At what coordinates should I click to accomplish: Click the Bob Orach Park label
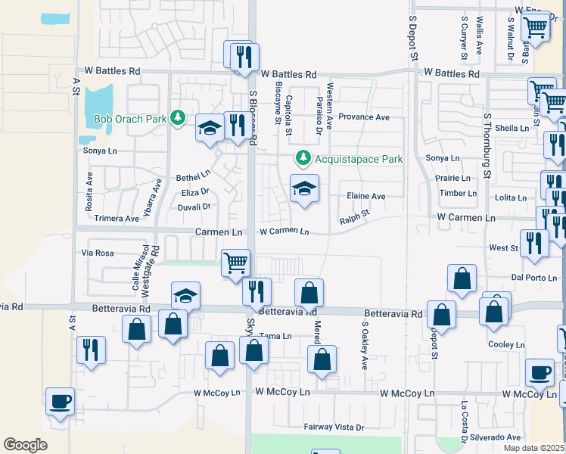pos(129,119)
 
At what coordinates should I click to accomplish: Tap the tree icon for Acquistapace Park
pos(303,158)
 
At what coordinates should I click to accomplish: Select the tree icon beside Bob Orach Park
pos(178,118)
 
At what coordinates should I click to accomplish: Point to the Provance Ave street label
pos(363,117)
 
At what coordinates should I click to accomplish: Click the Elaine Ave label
pos(366,196)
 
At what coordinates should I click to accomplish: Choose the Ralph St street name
pos(354,217)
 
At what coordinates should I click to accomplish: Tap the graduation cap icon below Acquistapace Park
pos(304,188)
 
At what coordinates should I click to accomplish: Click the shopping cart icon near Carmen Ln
pos(235,263)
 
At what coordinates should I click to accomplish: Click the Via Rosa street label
pos(98,253)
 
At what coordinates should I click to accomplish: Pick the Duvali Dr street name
pos(194,206)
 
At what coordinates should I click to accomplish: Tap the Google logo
pos(25,444)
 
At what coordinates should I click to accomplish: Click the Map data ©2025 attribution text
pos(533,448)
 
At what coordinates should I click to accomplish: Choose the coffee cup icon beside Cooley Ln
pos(540,372)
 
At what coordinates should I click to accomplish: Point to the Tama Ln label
pos(275,336)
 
